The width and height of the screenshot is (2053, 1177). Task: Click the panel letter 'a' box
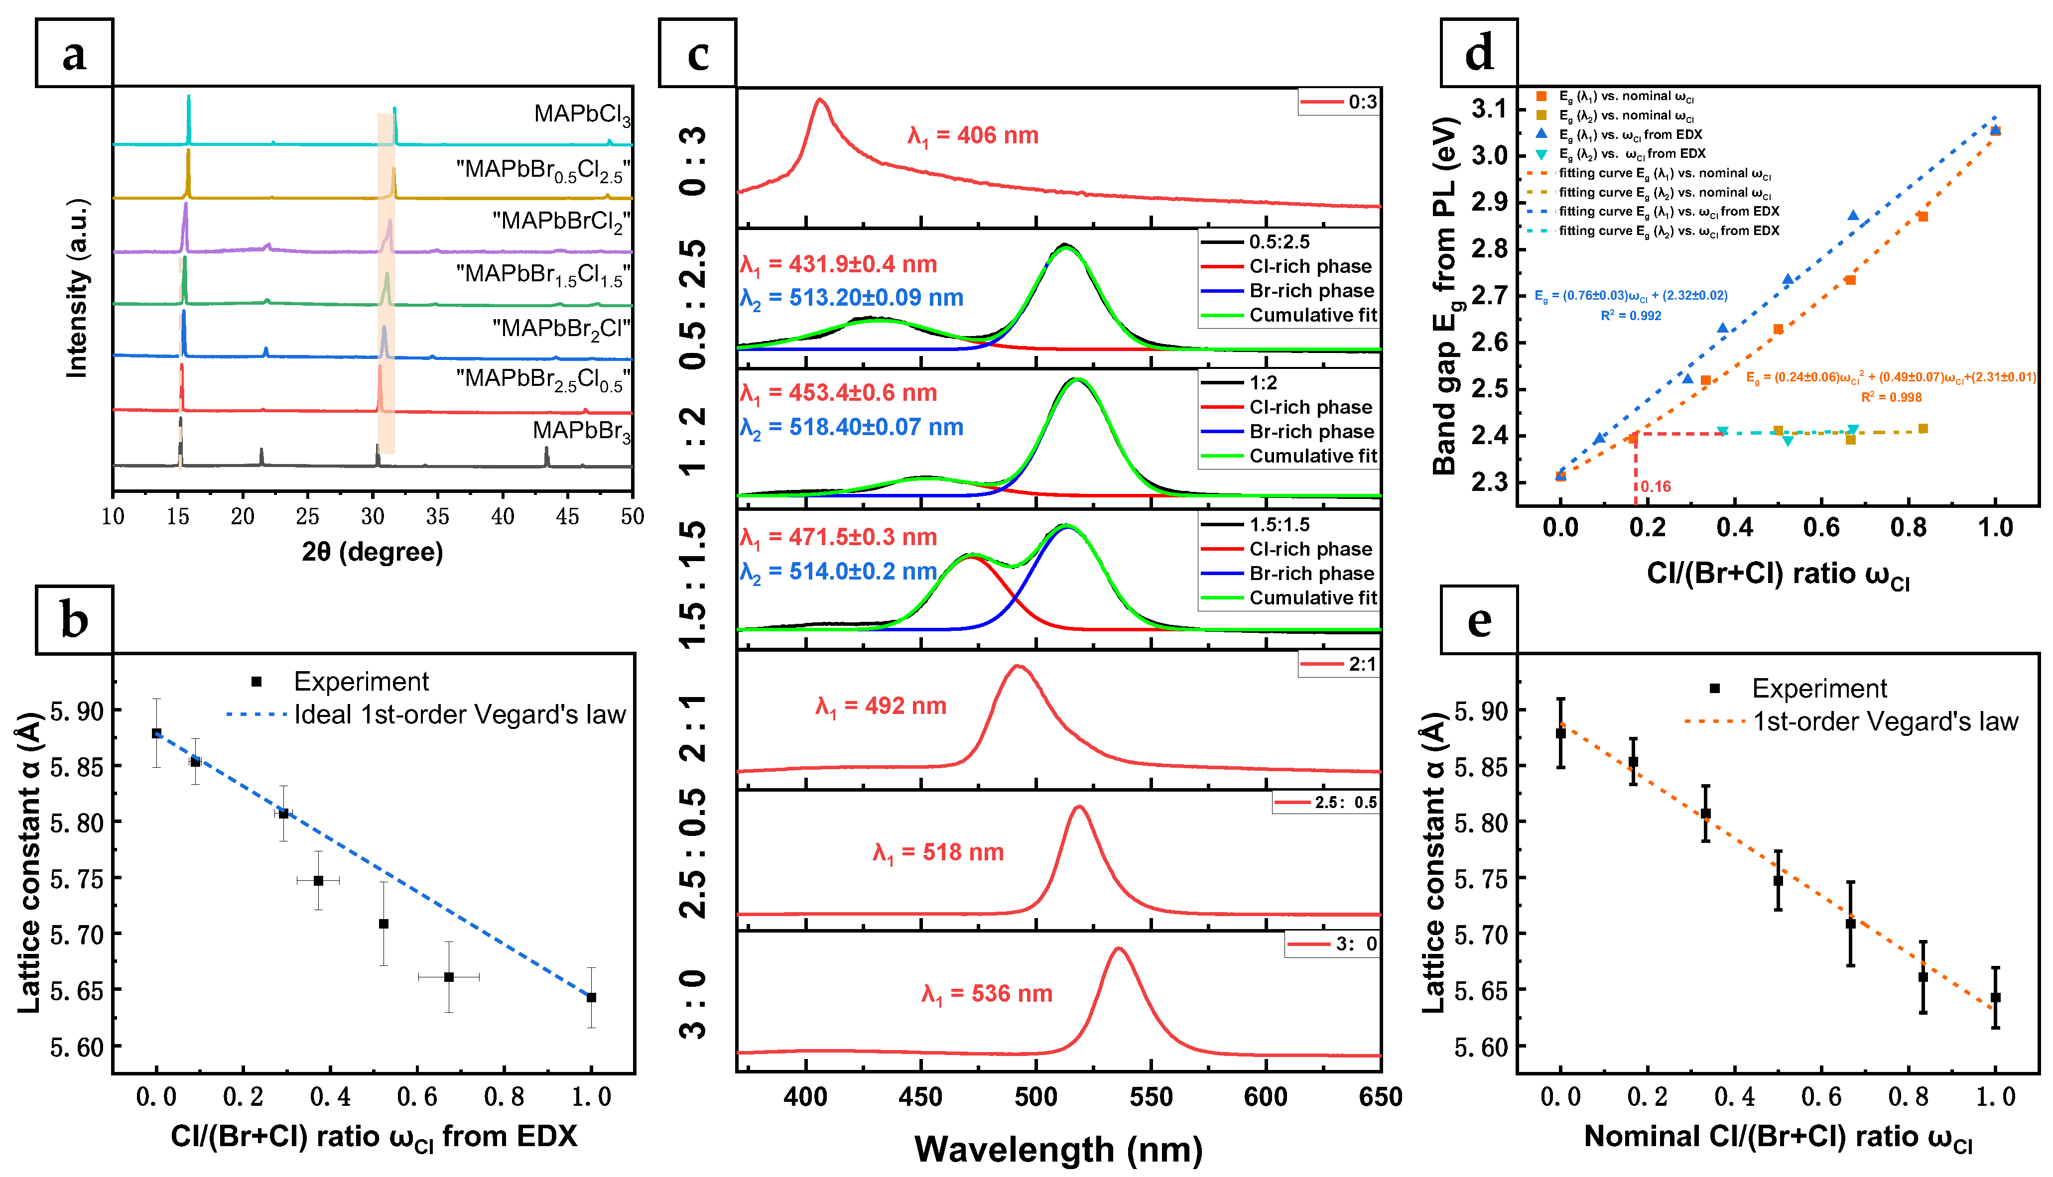point(74,53)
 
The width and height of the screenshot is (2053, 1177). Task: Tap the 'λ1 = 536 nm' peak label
point(987,994)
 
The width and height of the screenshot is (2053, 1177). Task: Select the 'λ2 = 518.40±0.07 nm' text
point(852,428)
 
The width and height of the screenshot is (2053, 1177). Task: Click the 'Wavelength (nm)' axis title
point(1058,1149)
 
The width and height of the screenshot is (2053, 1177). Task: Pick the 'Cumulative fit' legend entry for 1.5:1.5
point(1289,598)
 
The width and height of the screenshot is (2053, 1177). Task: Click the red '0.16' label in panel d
point(1655,486)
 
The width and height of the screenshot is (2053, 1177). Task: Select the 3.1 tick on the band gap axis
point(1489,109)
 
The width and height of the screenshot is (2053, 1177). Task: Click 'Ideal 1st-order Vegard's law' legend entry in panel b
point(426,714)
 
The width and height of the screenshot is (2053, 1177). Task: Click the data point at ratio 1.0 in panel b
point(591,998)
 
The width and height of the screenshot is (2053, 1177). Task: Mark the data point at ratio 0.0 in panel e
point(1560,733)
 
